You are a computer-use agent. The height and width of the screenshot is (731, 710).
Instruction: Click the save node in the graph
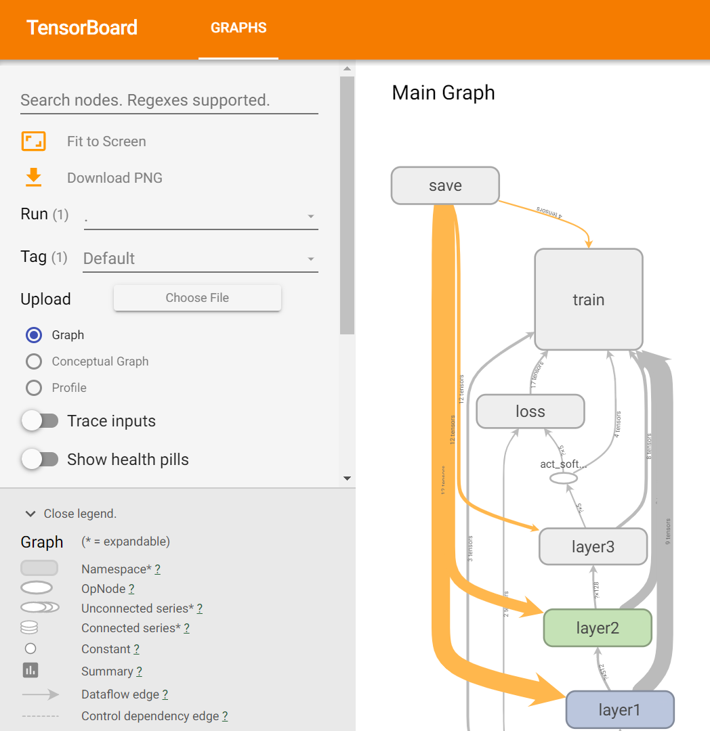[445, 185]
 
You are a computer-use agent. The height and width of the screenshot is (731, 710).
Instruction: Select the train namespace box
[588, 299]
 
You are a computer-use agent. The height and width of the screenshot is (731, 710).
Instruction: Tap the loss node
[530, 412]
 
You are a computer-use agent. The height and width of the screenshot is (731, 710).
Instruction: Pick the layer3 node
[593, 547]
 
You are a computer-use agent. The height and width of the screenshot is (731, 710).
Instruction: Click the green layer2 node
[598, 628]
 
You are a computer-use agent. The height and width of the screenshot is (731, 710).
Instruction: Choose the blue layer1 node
[619, 709]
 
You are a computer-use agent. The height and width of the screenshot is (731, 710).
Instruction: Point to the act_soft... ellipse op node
[563, 478]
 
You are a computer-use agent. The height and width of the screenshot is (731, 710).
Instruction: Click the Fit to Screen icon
[33, 141]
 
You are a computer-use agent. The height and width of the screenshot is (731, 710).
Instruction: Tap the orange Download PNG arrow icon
[33, 177]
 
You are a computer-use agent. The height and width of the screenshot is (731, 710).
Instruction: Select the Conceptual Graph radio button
[34, 361]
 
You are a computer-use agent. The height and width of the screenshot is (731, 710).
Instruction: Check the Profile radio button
[34, 388]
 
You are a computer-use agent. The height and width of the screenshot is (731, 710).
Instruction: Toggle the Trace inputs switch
[40, 421]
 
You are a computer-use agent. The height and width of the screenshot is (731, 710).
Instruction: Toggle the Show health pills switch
[40, 460]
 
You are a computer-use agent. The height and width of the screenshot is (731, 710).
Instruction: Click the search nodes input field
[169, 101]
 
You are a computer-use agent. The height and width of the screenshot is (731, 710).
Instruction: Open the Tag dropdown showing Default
[200, 259]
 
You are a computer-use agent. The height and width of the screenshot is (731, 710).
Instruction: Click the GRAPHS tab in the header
[238, 28]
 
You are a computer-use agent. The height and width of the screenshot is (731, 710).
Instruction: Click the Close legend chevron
[30, 514]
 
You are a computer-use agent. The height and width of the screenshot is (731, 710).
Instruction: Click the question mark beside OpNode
[131, 589]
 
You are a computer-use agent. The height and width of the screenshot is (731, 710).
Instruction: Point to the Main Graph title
[443, 93]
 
